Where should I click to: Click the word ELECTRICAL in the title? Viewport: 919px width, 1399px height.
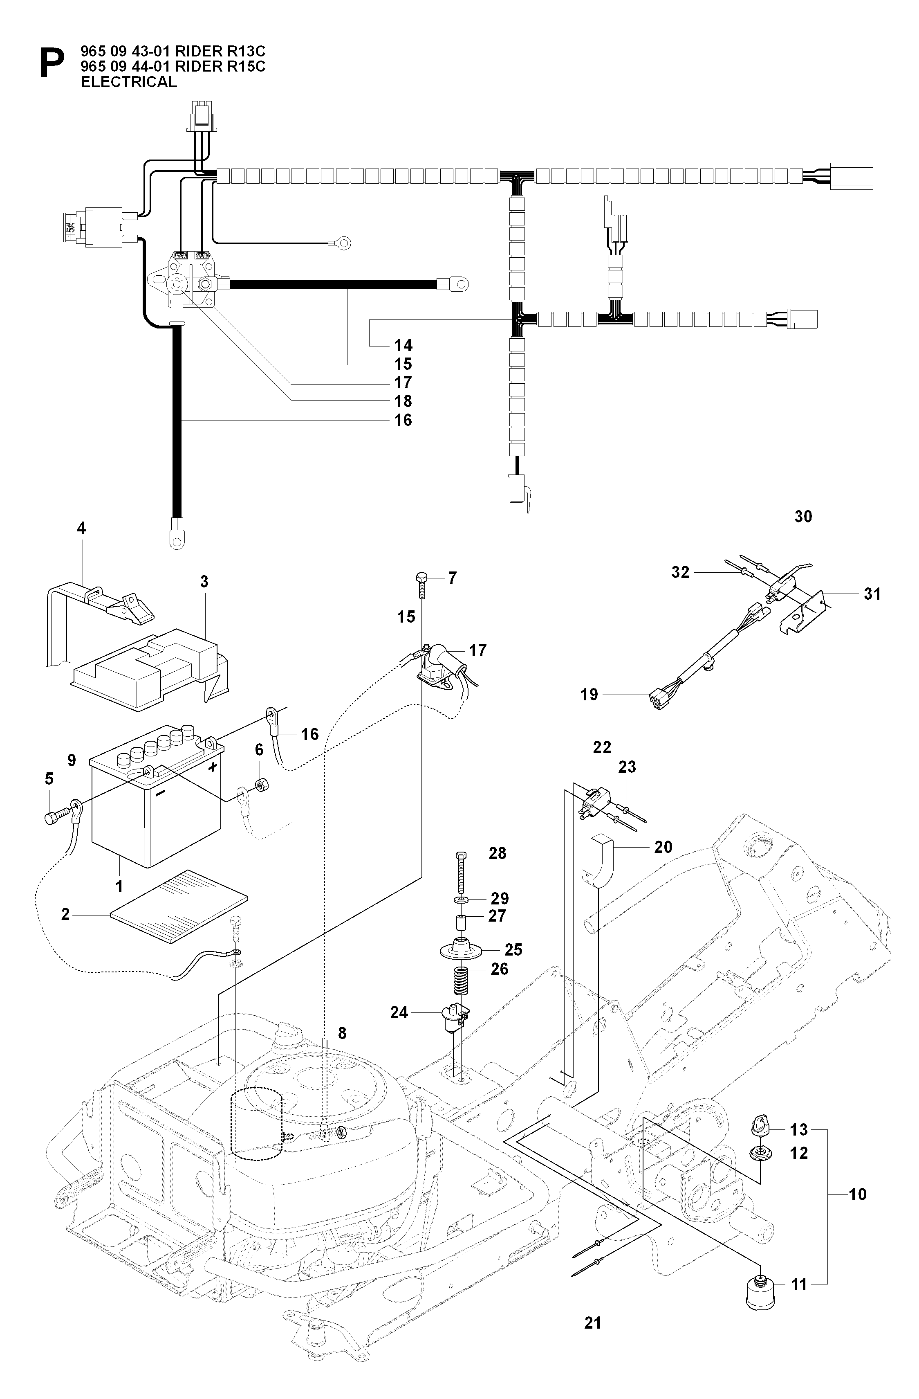click(129, 82)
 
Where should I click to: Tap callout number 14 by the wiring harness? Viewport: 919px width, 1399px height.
click(403, 345)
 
